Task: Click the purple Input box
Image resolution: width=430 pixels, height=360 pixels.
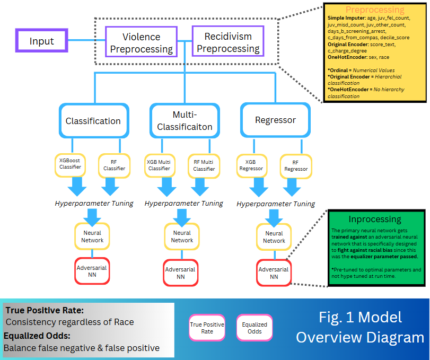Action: click(x=42, y=41)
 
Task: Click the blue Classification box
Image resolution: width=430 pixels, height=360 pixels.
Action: click(x=93, y=121)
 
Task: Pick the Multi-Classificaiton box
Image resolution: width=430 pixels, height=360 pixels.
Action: click(x=185, y=120)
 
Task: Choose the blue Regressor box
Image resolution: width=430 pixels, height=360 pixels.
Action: click(x=275, y=120)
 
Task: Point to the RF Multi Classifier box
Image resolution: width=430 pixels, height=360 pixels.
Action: click(x=204, y=164)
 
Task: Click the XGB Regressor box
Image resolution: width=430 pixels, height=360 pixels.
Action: click(x=251, y=164)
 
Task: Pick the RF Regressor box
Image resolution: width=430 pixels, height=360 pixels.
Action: click(x=296, y=165)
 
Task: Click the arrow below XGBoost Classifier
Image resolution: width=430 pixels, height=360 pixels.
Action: click(x=77, y=186)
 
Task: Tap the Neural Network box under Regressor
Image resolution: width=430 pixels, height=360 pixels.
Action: click(x=274, y=237)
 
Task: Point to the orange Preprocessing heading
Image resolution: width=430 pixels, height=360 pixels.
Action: click(x=375, y=10)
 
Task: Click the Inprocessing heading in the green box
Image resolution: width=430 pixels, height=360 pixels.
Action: click(x=375, y=219)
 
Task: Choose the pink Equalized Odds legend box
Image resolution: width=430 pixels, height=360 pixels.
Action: click(x=255, y=328)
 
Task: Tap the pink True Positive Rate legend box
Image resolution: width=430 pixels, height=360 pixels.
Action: click(x=207, y=328)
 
